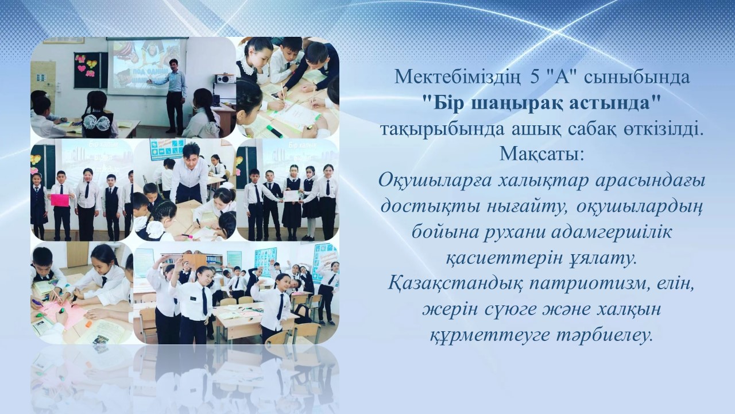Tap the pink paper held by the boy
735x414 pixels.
pos(60,200)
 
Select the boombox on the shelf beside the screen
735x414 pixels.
pos(225,79)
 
